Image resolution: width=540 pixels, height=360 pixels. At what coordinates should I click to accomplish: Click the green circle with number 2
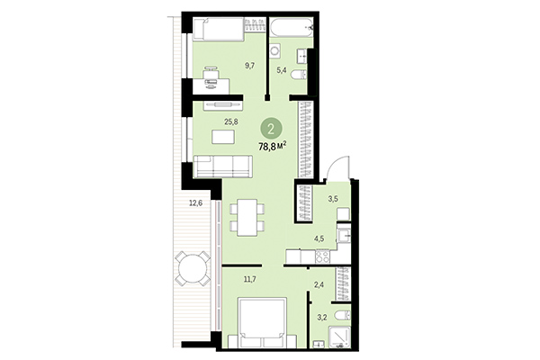[271, 127]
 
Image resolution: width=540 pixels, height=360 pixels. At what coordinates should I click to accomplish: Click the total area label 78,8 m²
[273, 146]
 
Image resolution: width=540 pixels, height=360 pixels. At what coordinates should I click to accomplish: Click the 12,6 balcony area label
[194, 203]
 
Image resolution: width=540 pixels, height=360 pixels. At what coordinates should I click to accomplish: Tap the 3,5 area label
[332, 198]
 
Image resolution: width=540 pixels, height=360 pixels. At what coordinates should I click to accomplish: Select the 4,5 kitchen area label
[318, 238]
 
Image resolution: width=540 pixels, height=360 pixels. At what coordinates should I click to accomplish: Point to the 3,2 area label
[321, 317]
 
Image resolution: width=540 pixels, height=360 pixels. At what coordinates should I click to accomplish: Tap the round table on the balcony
[188, 267]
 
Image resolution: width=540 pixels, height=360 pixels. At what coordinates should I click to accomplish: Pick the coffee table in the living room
[225, 137]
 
